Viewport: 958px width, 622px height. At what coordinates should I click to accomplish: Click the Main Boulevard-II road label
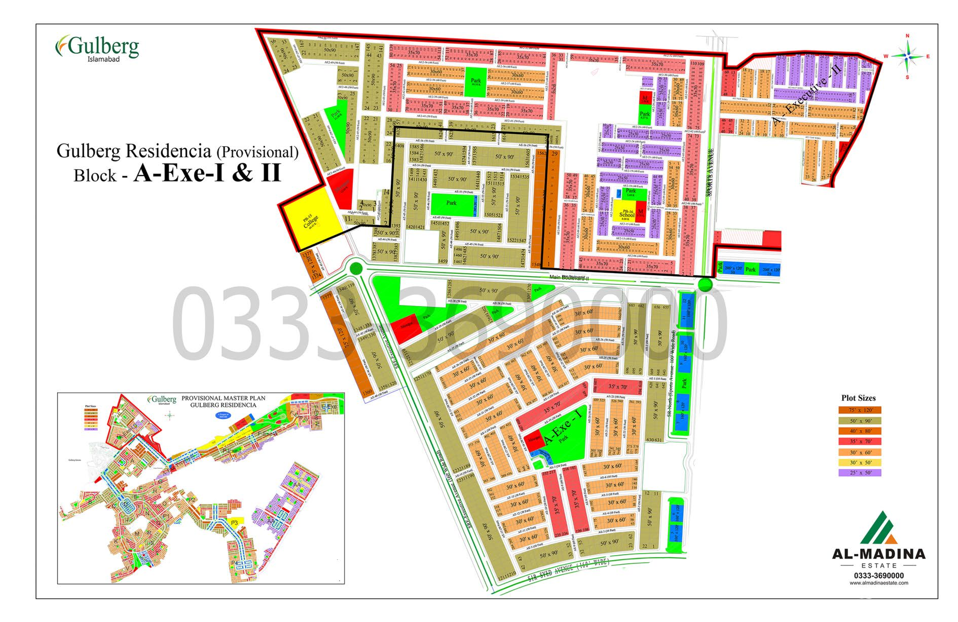coord(569,277)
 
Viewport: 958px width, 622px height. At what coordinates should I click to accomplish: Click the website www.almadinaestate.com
coord(879,583)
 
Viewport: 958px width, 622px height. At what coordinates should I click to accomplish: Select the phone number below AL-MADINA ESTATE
coord(879,576)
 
